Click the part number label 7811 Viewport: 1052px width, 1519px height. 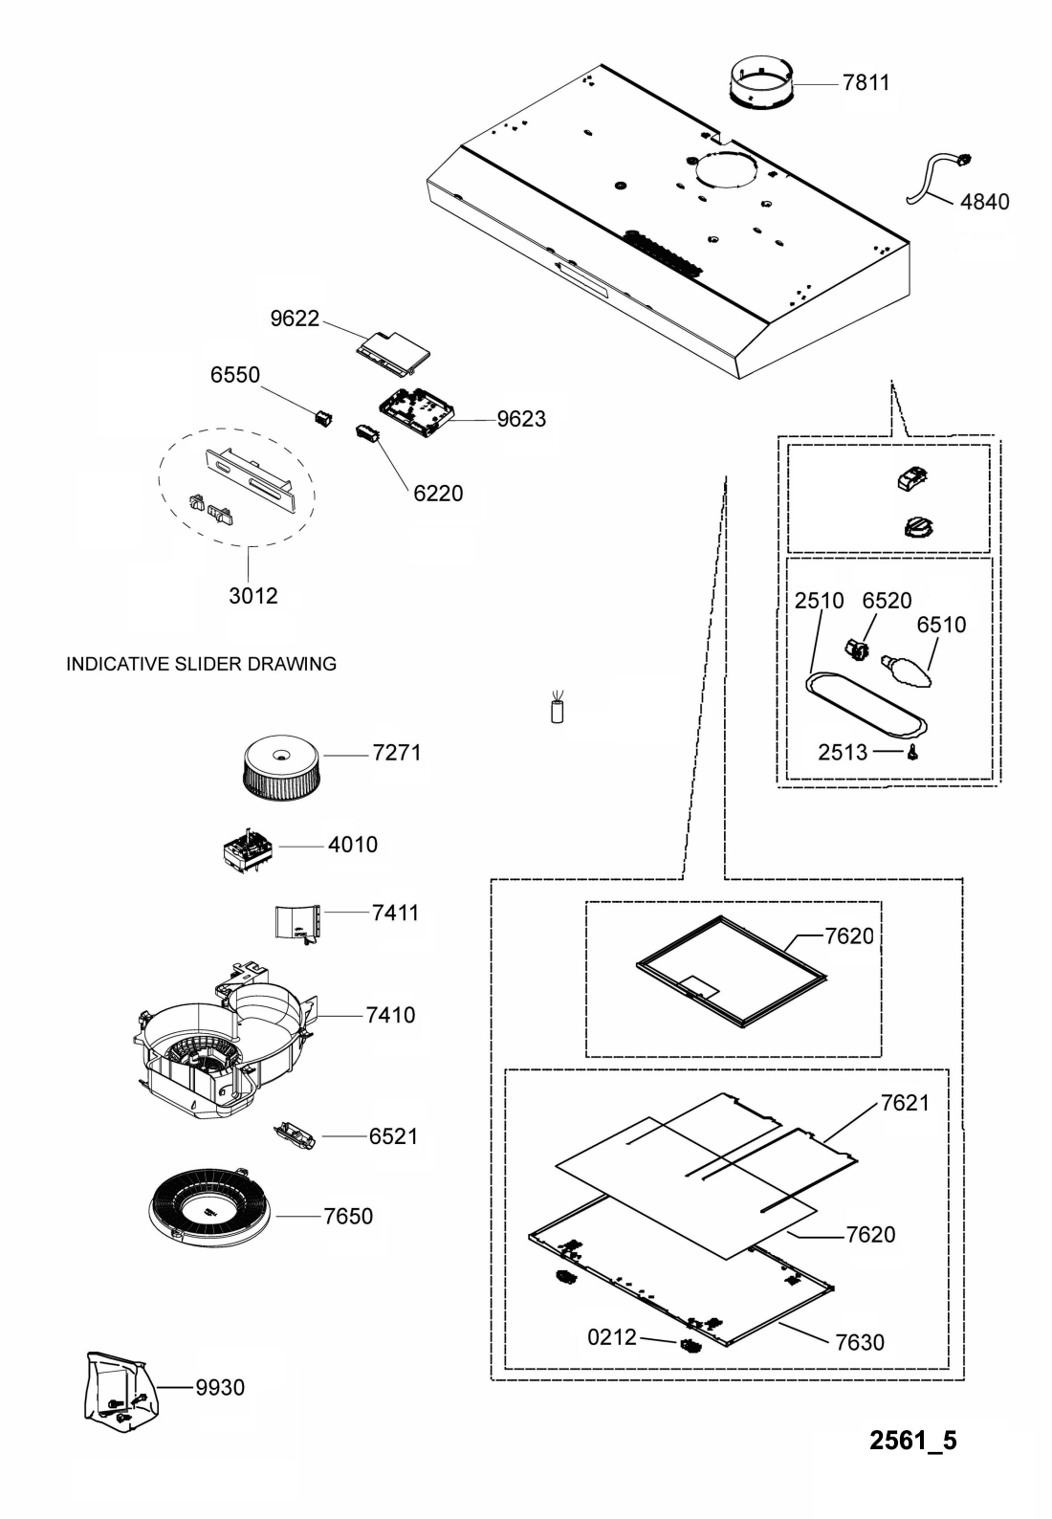pos(866,82)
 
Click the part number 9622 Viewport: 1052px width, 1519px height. pos(295,318)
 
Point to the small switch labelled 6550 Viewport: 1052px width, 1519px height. pos(324,417)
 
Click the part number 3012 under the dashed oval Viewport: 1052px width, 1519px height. pos(252,595)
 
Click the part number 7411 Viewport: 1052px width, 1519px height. pos(395,913)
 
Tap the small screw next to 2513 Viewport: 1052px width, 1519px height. pos(913,751)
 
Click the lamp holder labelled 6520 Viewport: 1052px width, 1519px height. pos(858,649)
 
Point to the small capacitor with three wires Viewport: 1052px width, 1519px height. pos(558,707)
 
